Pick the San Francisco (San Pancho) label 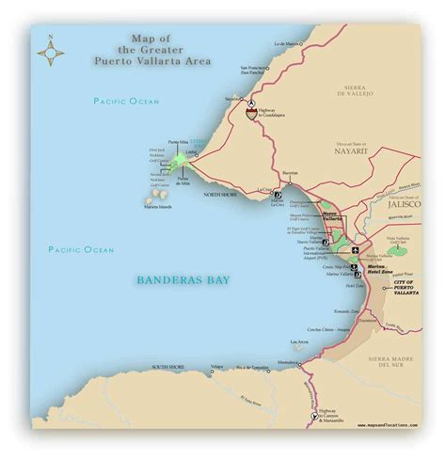pyautogui.click(x=257, y=71)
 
